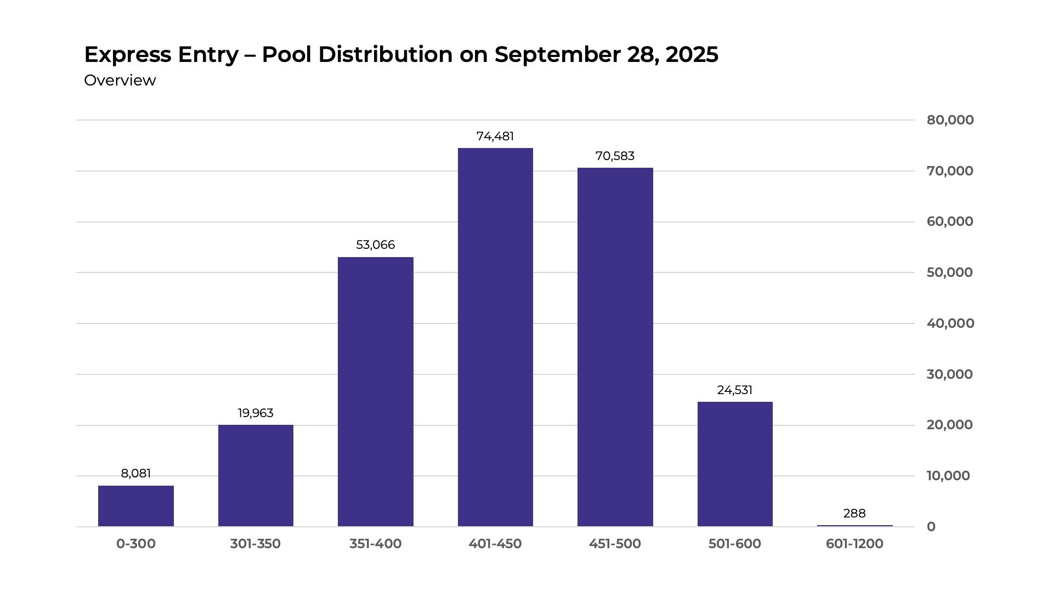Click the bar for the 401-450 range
pos(495,337)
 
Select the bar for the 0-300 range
pos(136,506)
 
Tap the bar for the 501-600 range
pos(735,464)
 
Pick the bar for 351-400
pos(376,391)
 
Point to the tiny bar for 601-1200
pos(854,526)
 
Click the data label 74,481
pos(495,136)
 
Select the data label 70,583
pos(615,156)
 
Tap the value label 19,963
pos(256,413)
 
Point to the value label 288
pos(854,513)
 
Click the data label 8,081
pos(136,473)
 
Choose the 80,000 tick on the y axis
pos(950,120)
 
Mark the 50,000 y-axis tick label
pos(950,272)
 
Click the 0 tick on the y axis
pos(931,527)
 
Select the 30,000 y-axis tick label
pos(950,374)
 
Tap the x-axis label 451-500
pos(615,544)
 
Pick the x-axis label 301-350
pos(256,544)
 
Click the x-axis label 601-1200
pos(854,544)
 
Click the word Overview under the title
pos(120,81)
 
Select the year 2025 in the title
pos(692,55)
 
